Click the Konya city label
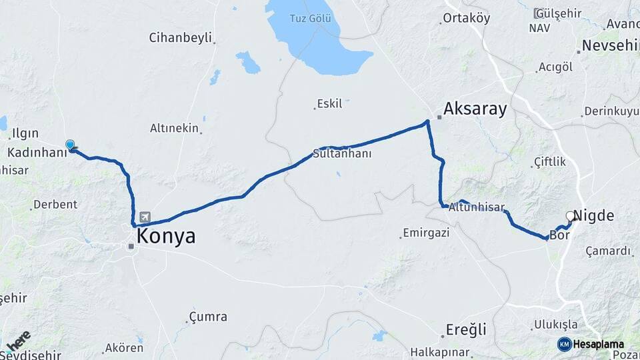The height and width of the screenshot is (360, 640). [x=165, y=237]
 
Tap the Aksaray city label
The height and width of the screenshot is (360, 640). [x=475, y=109]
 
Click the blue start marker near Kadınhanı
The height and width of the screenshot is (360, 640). [x=70, y=145]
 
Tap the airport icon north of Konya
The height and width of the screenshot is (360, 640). [x=145, y=217]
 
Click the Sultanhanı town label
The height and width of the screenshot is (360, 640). [x=342, y=154]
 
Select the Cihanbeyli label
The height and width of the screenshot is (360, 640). [x=180, y=37]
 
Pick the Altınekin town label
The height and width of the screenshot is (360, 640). [x=174, y=128]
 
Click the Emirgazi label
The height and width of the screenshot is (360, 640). [x=427, y=233]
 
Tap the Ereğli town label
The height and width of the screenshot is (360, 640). [x=467, y=329]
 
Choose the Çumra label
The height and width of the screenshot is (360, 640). [x=208, y=317]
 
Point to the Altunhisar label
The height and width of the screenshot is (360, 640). [x=476, y=207]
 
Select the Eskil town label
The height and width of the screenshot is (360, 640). [x=329, y=103]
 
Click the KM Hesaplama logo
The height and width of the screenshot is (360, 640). [x=591, y=344]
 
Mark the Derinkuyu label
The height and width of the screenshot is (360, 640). [x=611, y=111]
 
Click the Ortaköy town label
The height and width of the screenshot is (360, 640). [x=467, y=18]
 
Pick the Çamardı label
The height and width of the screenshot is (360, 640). [x=607, y=251]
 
